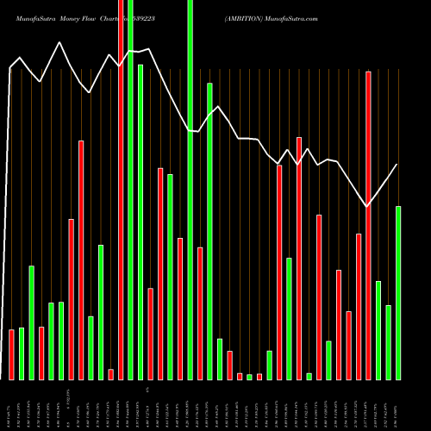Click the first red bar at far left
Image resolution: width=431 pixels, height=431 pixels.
pos(11,354)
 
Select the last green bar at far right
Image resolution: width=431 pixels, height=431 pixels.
pos(398,292)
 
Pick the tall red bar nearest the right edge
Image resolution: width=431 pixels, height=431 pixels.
pos(368,224)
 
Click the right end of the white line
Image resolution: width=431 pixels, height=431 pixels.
pos(397,165)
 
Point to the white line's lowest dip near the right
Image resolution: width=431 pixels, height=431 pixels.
pos(367,206)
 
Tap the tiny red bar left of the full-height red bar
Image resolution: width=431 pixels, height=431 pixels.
pos(110,373)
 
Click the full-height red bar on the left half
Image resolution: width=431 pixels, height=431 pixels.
pos(121,190)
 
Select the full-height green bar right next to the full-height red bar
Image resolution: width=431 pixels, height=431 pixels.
pos(130,190)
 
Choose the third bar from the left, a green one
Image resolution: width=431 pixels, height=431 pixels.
pos(31,322)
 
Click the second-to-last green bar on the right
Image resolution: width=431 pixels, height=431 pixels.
pos(388,342)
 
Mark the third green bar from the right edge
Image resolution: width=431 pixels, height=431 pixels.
pos(378,330)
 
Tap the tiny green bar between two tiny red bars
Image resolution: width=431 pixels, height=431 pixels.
pos(249,377)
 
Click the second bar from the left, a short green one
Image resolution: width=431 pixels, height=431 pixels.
pos(22,353)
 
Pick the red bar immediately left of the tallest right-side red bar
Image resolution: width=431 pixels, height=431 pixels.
pos(359,306)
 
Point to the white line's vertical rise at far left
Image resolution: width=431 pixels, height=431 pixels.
pos(9,215)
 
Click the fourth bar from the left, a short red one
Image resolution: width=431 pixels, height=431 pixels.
pos(41,353)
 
